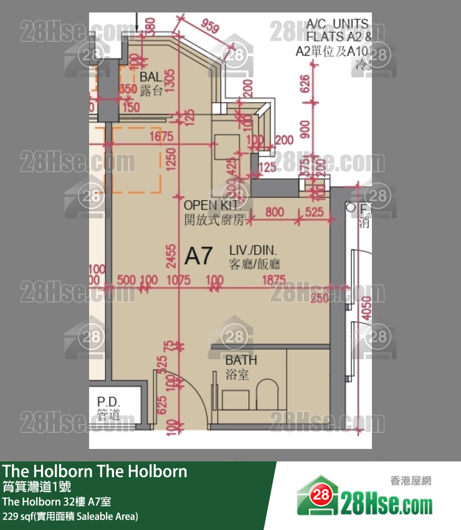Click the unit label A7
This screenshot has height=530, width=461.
click(199, 255)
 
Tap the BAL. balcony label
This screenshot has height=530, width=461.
click(151, 77)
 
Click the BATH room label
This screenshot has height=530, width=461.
click(241, 360)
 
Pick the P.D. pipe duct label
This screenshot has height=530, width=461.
click(108, 402)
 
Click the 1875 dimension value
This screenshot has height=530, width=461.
click(274, 280)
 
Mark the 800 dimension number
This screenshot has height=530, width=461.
click(274, 212)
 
